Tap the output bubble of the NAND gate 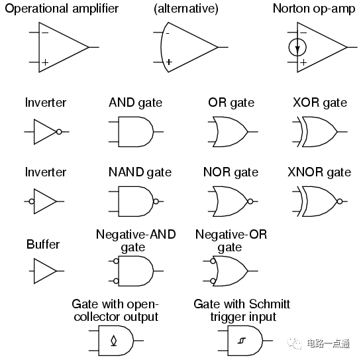tap(156, 201)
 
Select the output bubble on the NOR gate tap(250, 202)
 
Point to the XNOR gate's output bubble tap(340, 202)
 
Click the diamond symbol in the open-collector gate tap(114, 341)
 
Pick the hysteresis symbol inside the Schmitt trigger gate tap(242, 340)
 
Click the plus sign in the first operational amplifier tap(45, 62)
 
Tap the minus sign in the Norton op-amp tap(303, 32)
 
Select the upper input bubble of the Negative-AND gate tap(116, 261)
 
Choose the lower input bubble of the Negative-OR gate tap(213, 281)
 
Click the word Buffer tap(43, 244)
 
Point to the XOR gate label tap(320, 103)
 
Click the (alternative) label tap(186, 9)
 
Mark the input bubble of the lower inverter tap(32, 202)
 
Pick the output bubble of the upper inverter tap(59, 132)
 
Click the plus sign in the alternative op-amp tap(169, 62)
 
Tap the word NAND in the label tap(126, 172)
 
